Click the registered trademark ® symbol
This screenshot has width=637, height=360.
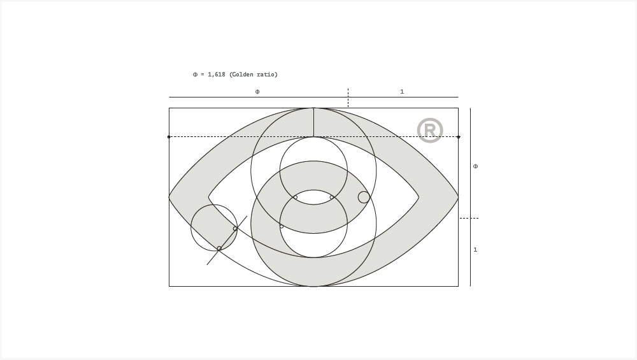[x=430, y=131]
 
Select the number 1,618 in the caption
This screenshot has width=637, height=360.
[x=216, y=75]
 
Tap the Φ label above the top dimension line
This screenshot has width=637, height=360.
[x=257, y=92]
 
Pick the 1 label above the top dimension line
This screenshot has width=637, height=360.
[x=402, y=92]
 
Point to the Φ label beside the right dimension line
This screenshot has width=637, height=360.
[x=475, y=166]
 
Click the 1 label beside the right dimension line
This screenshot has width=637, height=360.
[x=475, y=250]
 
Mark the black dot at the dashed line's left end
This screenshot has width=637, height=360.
[x=169, y=137]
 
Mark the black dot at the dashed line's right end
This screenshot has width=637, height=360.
[x=459, y=137]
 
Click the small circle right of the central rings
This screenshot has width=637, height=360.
[x=364, y=198]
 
